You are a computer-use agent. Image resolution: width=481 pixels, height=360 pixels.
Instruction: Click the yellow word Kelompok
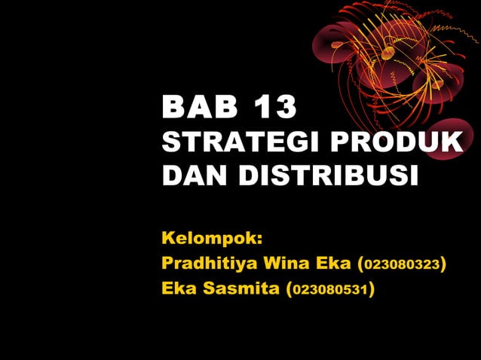pos(209,239)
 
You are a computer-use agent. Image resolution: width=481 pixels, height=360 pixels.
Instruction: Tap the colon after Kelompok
pos(259,241)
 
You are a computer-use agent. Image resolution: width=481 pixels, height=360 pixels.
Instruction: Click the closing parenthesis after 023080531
pos(372,288)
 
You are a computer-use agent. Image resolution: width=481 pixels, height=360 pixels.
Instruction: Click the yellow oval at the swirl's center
pos(388,53)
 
